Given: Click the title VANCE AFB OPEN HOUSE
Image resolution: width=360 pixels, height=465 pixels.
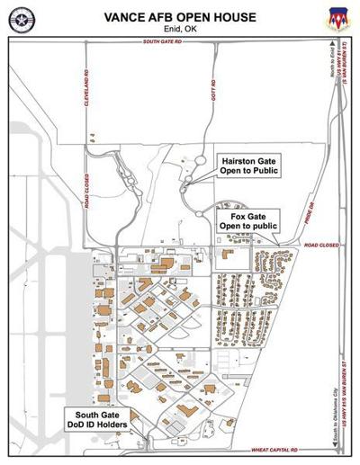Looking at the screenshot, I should (180, 17).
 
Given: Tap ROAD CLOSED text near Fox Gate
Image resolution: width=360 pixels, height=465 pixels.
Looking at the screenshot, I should (319, 245).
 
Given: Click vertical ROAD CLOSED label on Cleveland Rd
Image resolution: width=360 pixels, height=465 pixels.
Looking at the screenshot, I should (87, 190).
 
